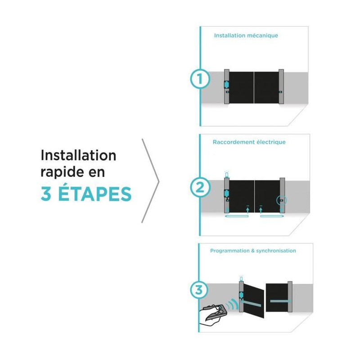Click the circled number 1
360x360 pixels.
click(200, 79)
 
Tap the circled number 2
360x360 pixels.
click(200, 187)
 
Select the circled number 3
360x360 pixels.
click(199, 289)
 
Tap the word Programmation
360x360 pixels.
click(230, 251)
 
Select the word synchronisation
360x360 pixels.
click(276, 251)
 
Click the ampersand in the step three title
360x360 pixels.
click(253, 251)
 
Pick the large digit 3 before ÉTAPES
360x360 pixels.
click(46, 194)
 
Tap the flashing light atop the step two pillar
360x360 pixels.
click(227, 174)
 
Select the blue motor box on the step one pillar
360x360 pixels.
click(226, 85)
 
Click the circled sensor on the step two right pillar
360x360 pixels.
click(282, 200)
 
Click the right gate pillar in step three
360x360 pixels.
click(290, 297)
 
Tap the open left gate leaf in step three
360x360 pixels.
click(253, 301)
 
